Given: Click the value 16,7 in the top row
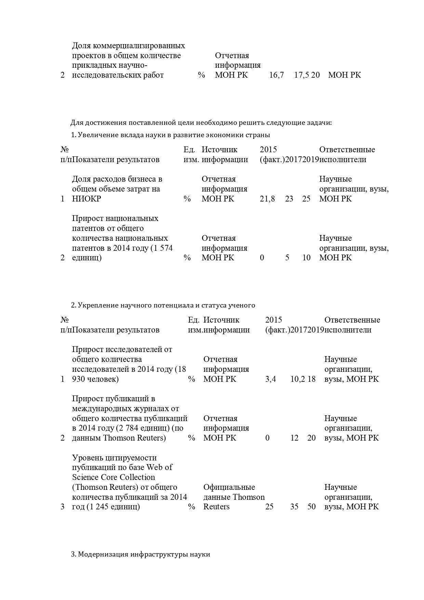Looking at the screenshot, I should point(276,75).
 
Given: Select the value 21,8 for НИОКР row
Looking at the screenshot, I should point(267,199).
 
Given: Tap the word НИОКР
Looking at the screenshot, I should point(87,199).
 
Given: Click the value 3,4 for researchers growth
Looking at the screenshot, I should point(270,379).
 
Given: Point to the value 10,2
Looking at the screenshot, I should point(297,379).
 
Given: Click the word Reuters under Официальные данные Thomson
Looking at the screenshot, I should point(216,507).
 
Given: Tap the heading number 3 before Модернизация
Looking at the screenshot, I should point(73,555).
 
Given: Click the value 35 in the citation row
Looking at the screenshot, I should point(294,507).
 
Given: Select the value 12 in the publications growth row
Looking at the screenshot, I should point(294,438).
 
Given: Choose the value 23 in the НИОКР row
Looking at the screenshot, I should point(289,199).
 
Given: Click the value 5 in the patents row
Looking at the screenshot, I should point(287,258).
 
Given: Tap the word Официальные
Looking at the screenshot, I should point(229,487).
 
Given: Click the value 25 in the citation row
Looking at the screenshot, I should point(269,507).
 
